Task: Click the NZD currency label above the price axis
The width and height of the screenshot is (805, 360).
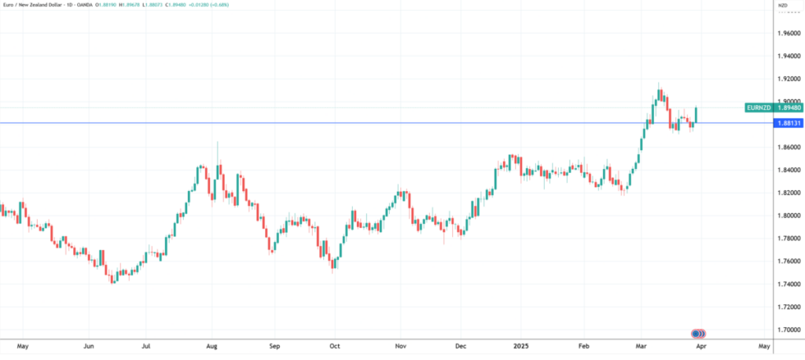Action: (x=782, y=6)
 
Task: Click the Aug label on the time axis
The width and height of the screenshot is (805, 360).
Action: (x=211, y=346)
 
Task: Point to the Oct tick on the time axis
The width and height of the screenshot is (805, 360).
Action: (x=335, y=346)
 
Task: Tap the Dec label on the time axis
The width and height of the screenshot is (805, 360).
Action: (x=461, y=346)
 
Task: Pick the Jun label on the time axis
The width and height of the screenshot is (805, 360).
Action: (x=90, y=346)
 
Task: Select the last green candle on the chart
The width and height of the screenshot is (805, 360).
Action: (x=697, y=114)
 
